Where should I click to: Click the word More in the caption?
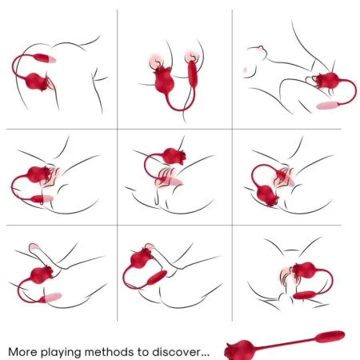(24, 351)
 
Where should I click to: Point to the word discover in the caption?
(183, 351)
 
